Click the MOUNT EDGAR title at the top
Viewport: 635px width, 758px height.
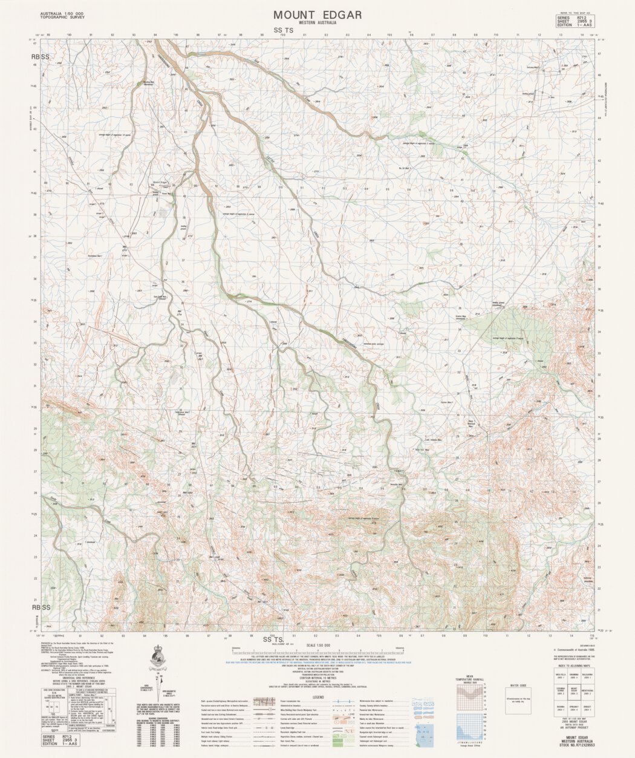[317, 15]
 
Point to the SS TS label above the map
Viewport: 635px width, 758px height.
[283, 30]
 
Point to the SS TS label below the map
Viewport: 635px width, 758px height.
[274, 639]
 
